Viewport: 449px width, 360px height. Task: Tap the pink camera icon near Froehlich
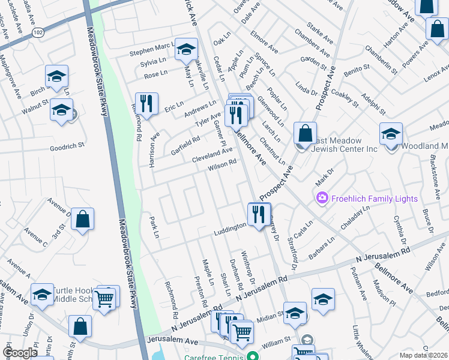322,197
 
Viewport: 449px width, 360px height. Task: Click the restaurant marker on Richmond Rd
146,103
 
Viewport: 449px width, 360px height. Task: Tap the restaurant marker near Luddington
259,214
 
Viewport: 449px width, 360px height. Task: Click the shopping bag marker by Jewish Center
306,133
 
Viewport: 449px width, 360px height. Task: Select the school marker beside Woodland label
391,133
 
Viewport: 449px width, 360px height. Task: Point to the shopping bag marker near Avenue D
82,219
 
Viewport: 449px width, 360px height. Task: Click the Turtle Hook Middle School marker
42,295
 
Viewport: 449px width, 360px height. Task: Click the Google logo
20,353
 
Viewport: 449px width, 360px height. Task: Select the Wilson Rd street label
222,164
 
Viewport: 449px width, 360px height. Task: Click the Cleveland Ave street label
211,155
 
